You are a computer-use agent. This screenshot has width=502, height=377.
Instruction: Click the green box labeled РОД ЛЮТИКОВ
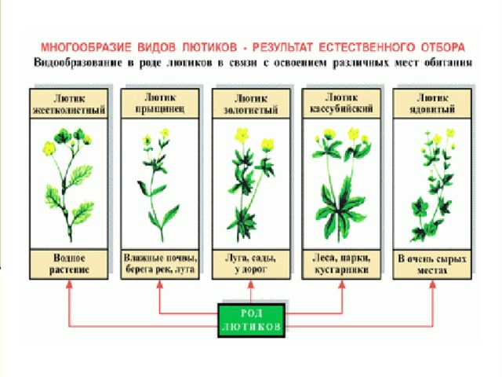tap(251, 320)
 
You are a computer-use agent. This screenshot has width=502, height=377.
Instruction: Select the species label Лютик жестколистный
tap(69, 104)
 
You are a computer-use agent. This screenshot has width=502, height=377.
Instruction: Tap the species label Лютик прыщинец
tap(160, 103)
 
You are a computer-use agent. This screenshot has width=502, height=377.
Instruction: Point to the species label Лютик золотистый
tap(251, 104)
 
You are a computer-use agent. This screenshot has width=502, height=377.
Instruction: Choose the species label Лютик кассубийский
tap(341, 103)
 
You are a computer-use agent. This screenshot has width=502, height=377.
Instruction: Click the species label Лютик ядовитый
tap(432, 103)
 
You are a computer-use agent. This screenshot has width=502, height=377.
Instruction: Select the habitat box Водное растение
tap(69, 264)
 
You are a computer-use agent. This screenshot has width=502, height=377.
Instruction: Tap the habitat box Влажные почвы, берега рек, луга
tap(160, 264)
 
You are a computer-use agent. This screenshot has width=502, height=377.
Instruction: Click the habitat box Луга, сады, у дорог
tap(251, 264)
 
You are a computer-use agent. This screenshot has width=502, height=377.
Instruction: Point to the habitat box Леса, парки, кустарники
tap(341, 264)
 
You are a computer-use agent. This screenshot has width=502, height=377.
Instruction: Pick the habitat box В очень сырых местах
tap(432, 264)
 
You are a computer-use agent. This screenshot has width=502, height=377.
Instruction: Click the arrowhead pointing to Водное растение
tap(69, 284)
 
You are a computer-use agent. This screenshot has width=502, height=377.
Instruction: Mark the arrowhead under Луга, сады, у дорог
tap(251, 284)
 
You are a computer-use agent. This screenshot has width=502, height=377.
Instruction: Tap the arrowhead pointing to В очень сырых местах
tap(432, 284)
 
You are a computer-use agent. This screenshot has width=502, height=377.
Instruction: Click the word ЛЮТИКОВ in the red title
tap(209, 47)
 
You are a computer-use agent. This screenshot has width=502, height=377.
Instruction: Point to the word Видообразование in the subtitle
tap(78, 62)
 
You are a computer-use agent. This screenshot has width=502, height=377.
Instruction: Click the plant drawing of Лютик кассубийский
tap(341, 185)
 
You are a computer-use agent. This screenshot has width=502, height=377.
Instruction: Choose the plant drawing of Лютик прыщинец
tap(158, 185)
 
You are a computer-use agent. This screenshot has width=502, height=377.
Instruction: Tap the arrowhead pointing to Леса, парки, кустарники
tap(342, 284)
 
